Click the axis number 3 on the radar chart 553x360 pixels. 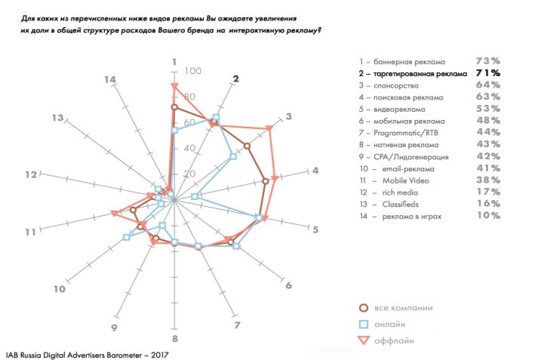(x=289, y=117)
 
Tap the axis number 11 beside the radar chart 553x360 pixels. (x=30, y=232)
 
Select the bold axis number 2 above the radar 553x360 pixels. (x=236, y=80)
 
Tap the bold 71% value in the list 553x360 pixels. (x=488, y=73)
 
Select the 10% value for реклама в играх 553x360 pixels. (x=488, y=216)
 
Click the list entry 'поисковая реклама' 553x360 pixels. (x=411, y=97)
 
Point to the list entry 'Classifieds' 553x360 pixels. (x=400, y=205)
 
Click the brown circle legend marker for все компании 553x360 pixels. (x=363, y=308)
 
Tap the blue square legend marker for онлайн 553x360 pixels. (x=363, y=325)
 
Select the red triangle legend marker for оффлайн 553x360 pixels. (x=363, y=341)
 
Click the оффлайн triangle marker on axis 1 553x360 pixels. (x=174, y=88)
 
